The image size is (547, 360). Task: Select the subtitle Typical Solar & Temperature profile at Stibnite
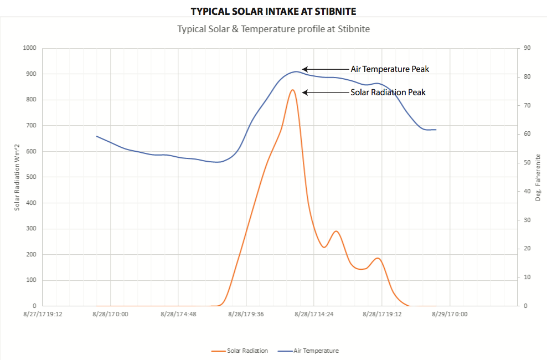(x=273, y=29)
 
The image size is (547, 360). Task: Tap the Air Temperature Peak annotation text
(x=390, y=69)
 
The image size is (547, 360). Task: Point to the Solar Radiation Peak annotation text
(x=388, y=92)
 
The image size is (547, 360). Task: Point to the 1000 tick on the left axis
(x=29, y=48)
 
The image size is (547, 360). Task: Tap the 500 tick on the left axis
(x=31, y=177)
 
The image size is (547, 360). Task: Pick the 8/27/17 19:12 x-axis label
(x=43, y=314)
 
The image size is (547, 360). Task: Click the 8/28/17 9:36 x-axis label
(x=245, y=314)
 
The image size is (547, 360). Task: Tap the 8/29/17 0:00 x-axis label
(x=450, y=314)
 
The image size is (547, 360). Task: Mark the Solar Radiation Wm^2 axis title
(x=17, y=177)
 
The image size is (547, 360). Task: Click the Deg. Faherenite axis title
(x=538, y=177)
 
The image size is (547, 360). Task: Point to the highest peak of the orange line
(x=292, y=90)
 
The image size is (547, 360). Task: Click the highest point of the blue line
(x=295, y=71)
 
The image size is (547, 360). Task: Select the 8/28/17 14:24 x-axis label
(x=313, y=314)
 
